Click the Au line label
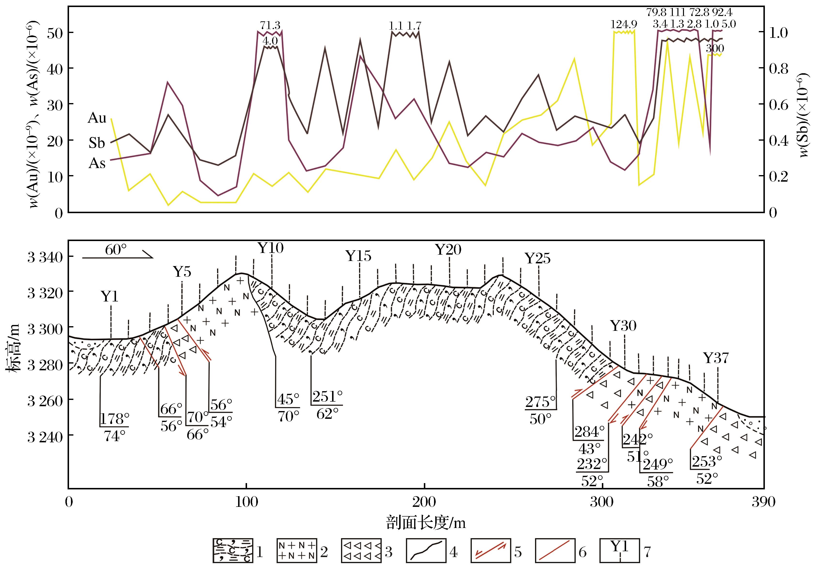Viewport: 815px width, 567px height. pyautogui.click(x=97, y=118)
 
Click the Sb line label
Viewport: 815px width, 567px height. pyautogui.click(x=97, y=143)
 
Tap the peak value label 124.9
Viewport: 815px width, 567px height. pyautogui.click(x=624, y=24)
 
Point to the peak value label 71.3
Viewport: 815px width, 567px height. pyautogui.click(x=270, y=25)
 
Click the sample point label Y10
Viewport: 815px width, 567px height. pyautogui.click(x=271, y=248)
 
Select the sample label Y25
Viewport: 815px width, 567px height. pyautogui.click(x=537, y=259)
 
